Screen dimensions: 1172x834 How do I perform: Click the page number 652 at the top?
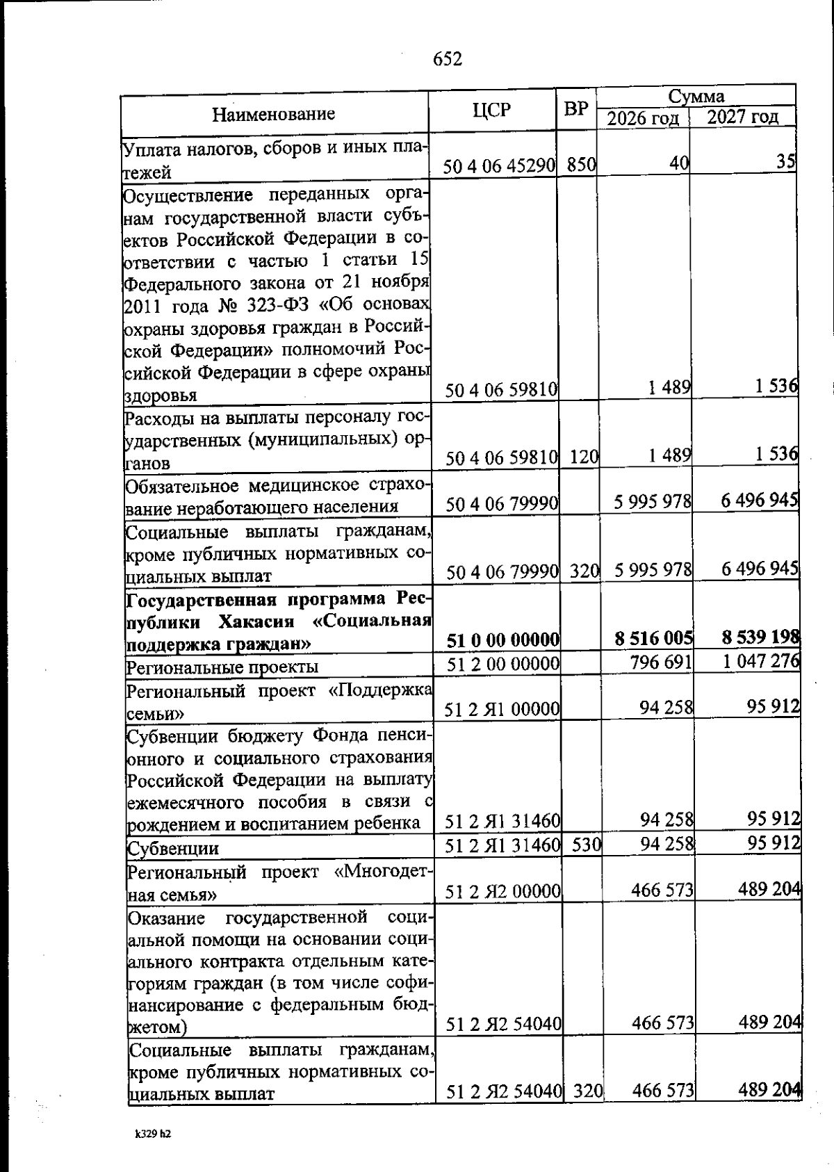pos(448,60)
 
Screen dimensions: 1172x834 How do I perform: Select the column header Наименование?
pos(273,113)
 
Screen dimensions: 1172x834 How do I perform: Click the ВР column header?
pos(576,110)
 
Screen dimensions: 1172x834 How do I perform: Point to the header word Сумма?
pos(696,96)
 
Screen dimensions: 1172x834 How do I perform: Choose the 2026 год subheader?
pos(643,117)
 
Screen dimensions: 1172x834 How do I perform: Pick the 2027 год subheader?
pos(743,116)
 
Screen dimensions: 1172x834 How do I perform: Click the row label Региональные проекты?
pos(222,667)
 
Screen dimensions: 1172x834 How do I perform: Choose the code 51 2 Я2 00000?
pos(504,892)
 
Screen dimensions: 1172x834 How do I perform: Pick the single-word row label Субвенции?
pos(172,849)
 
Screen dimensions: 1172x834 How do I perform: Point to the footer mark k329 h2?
pos(153,1134)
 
